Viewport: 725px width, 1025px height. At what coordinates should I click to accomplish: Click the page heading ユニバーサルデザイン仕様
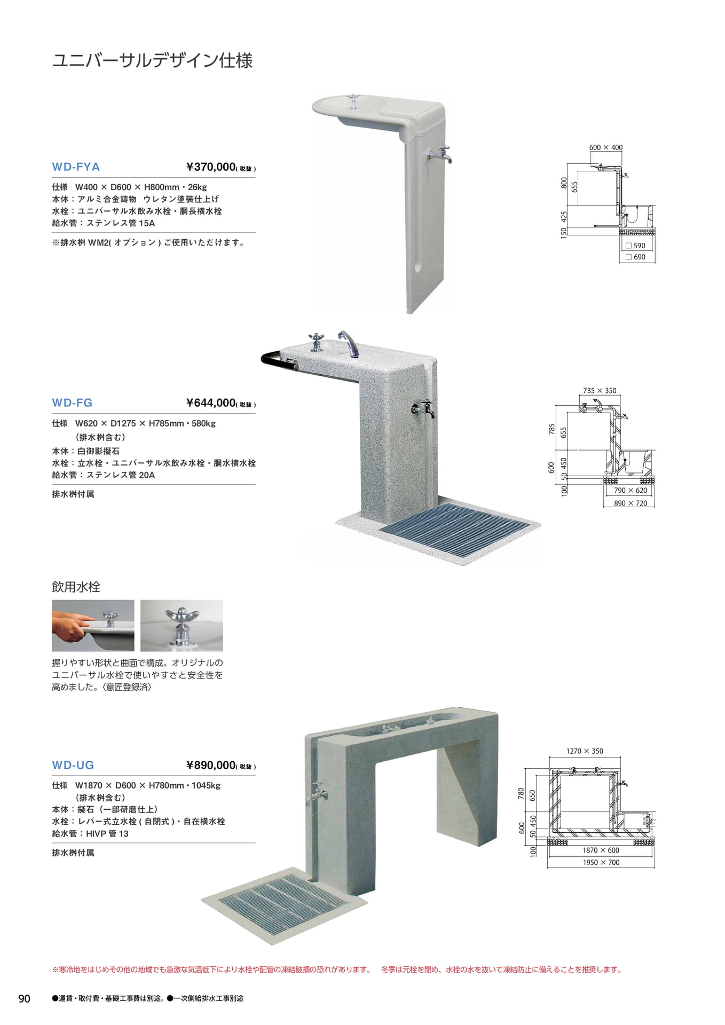click(x=152, y=60)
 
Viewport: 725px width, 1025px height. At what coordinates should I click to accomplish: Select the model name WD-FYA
click(x=76, y=167)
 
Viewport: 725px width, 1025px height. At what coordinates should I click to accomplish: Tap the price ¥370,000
click(x=211, y=167)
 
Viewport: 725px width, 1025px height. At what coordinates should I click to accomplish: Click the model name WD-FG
click(x=72, y=403)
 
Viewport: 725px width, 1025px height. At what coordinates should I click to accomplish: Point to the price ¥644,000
click(x=211, y=403)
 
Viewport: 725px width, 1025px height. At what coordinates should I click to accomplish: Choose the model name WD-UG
click(x=73, y=765)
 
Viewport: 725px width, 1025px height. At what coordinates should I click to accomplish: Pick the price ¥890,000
click(x=211, y=765)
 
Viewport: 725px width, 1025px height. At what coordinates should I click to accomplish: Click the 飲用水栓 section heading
click(x=76, y=587)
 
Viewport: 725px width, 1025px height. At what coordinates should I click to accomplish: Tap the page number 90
click(x=25, y=998)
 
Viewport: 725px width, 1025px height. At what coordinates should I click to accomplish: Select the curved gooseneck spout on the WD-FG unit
click(x=349, y=343)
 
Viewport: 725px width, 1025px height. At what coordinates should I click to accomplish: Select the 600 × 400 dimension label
click(x=605, y=147)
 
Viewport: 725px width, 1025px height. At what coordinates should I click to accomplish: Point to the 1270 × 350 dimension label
click(x=585, y=751)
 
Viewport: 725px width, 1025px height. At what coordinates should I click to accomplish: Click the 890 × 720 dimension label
click(x=630, y=503)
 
